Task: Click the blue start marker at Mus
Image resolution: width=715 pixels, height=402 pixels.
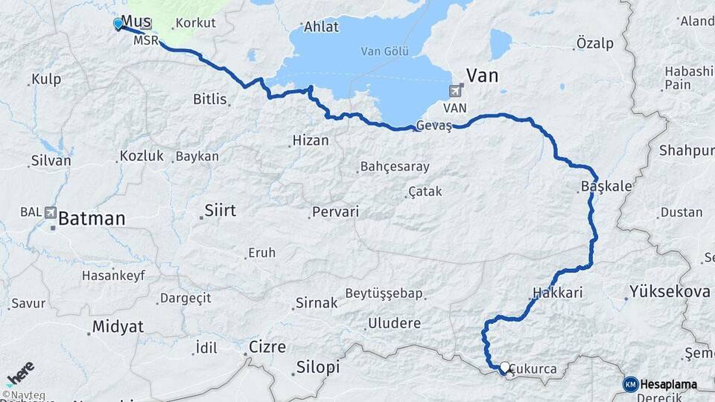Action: click(118, 24)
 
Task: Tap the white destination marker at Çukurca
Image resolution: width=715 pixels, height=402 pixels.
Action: click(506, 367)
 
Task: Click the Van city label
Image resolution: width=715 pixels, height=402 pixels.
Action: click(482, 75)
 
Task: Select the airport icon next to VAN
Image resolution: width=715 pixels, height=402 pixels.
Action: click(455, 91)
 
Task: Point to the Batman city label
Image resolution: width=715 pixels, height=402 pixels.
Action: click(92, 219)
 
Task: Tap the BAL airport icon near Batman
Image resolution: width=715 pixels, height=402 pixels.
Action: click(51, 212)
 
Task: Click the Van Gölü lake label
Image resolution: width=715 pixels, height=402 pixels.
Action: click(381, 51)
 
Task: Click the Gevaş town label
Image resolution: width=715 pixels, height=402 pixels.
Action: click(434, 125)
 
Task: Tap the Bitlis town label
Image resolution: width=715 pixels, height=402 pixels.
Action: click(209, 99)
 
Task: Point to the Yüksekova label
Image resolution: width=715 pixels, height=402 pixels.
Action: click(669, 291)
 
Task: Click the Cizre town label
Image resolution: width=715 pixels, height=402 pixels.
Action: click(267, 346)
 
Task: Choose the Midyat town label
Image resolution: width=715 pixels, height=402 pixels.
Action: click(117, 326)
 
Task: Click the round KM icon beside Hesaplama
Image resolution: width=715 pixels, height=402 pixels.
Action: click(630, 384)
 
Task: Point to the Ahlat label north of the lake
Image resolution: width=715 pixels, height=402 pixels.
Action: click(321, 27)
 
